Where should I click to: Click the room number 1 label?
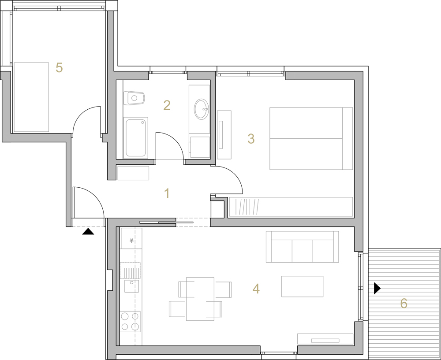pyautogui.click(x=167, y=193)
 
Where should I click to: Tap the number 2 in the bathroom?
pyautogui.click(x=167, y=105)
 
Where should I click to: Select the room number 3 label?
pyautogui.click(x=251, y=138)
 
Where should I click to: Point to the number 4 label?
pyautogui.click(x=256, y=289)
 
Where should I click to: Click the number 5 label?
pyautogui.click(x=59, y=67)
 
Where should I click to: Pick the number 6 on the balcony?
pyautogui.click(x=404, y=304)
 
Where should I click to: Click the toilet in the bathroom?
pyautogui.click(x=134, y=98)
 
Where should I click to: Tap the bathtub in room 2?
pyautogui.click(x=136, y=137)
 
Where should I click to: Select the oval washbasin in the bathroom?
pyautogui.click(x=202, y=109)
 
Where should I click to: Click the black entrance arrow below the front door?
pyautogui.click(x=88, y=231)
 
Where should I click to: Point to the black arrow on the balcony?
pyautogui.click(x=377, y=288)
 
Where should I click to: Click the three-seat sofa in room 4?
pyautogui.click(x=303, y=247)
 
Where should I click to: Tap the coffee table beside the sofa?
pyautogui.click(x=303, y=286)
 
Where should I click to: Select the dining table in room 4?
pyautogui.click(x=200, y=299)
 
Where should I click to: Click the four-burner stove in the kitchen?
pyautogui.click(x=130, y=322)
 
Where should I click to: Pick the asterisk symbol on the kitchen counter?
pyautogui.click(x=131, y=241)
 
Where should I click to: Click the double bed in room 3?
pyautogui.click(x=311, y=138)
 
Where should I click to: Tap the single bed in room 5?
pyautogui.click(x=31, y=97)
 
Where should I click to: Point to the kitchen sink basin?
pyautogui.click(x=131, y=286)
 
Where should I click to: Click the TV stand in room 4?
pyautogui.click(x=325, y=339)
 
